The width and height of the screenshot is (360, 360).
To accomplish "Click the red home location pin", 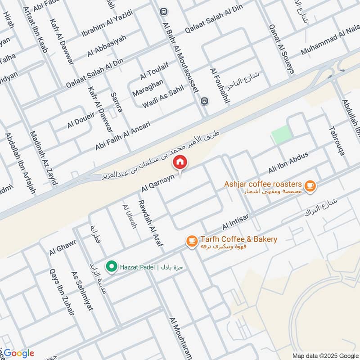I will point(180,162).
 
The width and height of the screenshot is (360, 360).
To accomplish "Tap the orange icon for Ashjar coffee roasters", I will point(309,185).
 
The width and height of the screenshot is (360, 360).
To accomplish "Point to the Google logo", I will point(18,353).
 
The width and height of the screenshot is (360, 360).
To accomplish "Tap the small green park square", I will point(282,135).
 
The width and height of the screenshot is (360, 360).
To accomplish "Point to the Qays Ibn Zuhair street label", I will point(61,295).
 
